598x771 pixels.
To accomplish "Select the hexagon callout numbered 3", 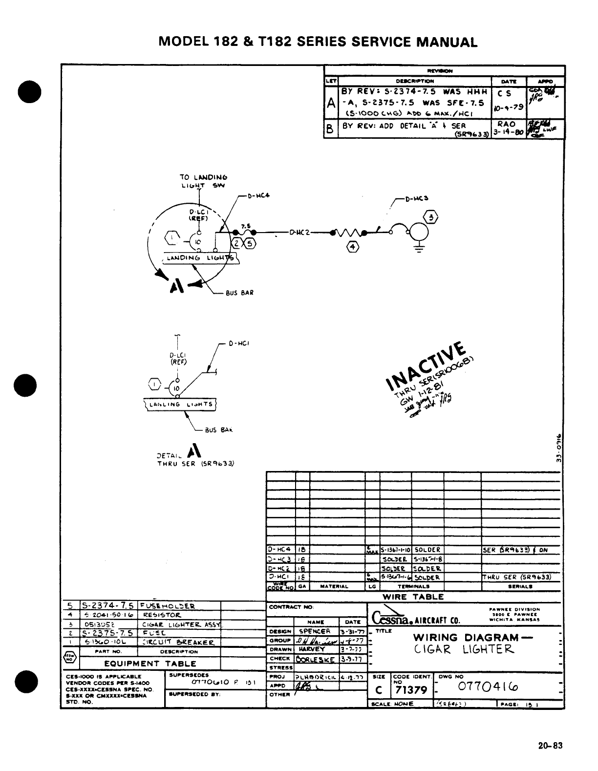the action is (x=432, y=218).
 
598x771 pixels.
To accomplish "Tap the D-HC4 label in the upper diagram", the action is (x=258, y=196).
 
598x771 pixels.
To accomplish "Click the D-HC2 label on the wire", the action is (x=300, y=233).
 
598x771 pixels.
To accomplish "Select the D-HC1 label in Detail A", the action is (x=239, y=343).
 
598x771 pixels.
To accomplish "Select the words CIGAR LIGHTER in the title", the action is (x=464, y=649).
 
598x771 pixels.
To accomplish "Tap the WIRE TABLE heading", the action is (x=413, y=597).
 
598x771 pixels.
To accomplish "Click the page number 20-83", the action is (x=551, y=746).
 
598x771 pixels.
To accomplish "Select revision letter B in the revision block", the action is (x=331, y=130).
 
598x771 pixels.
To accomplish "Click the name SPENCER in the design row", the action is (x=315, y=631).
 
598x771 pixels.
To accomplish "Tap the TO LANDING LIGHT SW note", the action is (x=204, y=181).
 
